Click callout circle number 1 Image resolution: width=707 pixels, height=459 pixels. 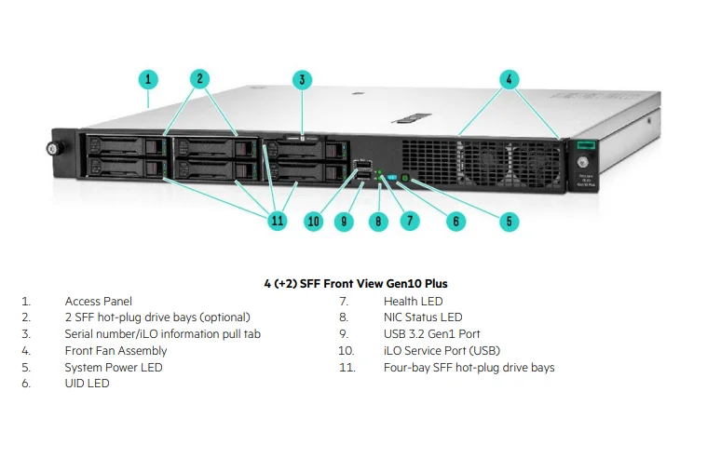[150, 79]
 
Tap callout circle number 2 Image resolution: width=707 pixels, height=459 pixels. [199, 79]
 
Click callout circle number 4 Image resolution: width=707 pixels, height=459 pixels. [509, 79]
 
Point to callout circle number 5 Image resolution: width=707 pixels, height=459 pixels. [510, 222]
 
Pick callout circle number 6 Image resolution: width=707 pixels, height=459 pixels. [455, 221]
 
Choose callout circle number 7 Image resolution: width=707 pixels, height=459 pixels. [410, 221]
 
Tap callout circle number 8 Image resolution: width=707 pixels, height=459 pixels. [377, 221]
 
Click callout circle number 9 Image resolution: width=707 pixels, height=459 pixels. [344, 221]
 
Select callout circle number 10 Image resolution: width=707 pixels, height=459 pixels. [313, 221]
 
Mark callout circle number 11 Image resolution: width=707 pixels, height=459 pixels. [277, 221]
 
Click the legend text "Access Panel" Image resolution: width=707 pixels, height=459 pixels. [98, 302]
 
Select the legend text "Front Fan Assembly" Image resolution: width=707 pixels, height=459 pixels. [116, 351]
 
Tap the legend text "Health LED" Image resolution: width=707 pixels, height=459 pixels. [413, 302]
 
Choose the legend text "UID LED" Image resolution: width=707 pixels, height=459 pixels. [87, 384]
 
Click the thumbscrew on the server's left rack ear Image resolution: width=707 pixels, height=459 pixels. [54, 147]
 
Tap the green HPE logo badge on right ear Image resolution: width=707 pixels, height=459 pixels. [585, 144]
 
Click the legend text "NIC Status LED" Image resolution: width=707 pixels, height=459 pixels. [422, 317]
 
